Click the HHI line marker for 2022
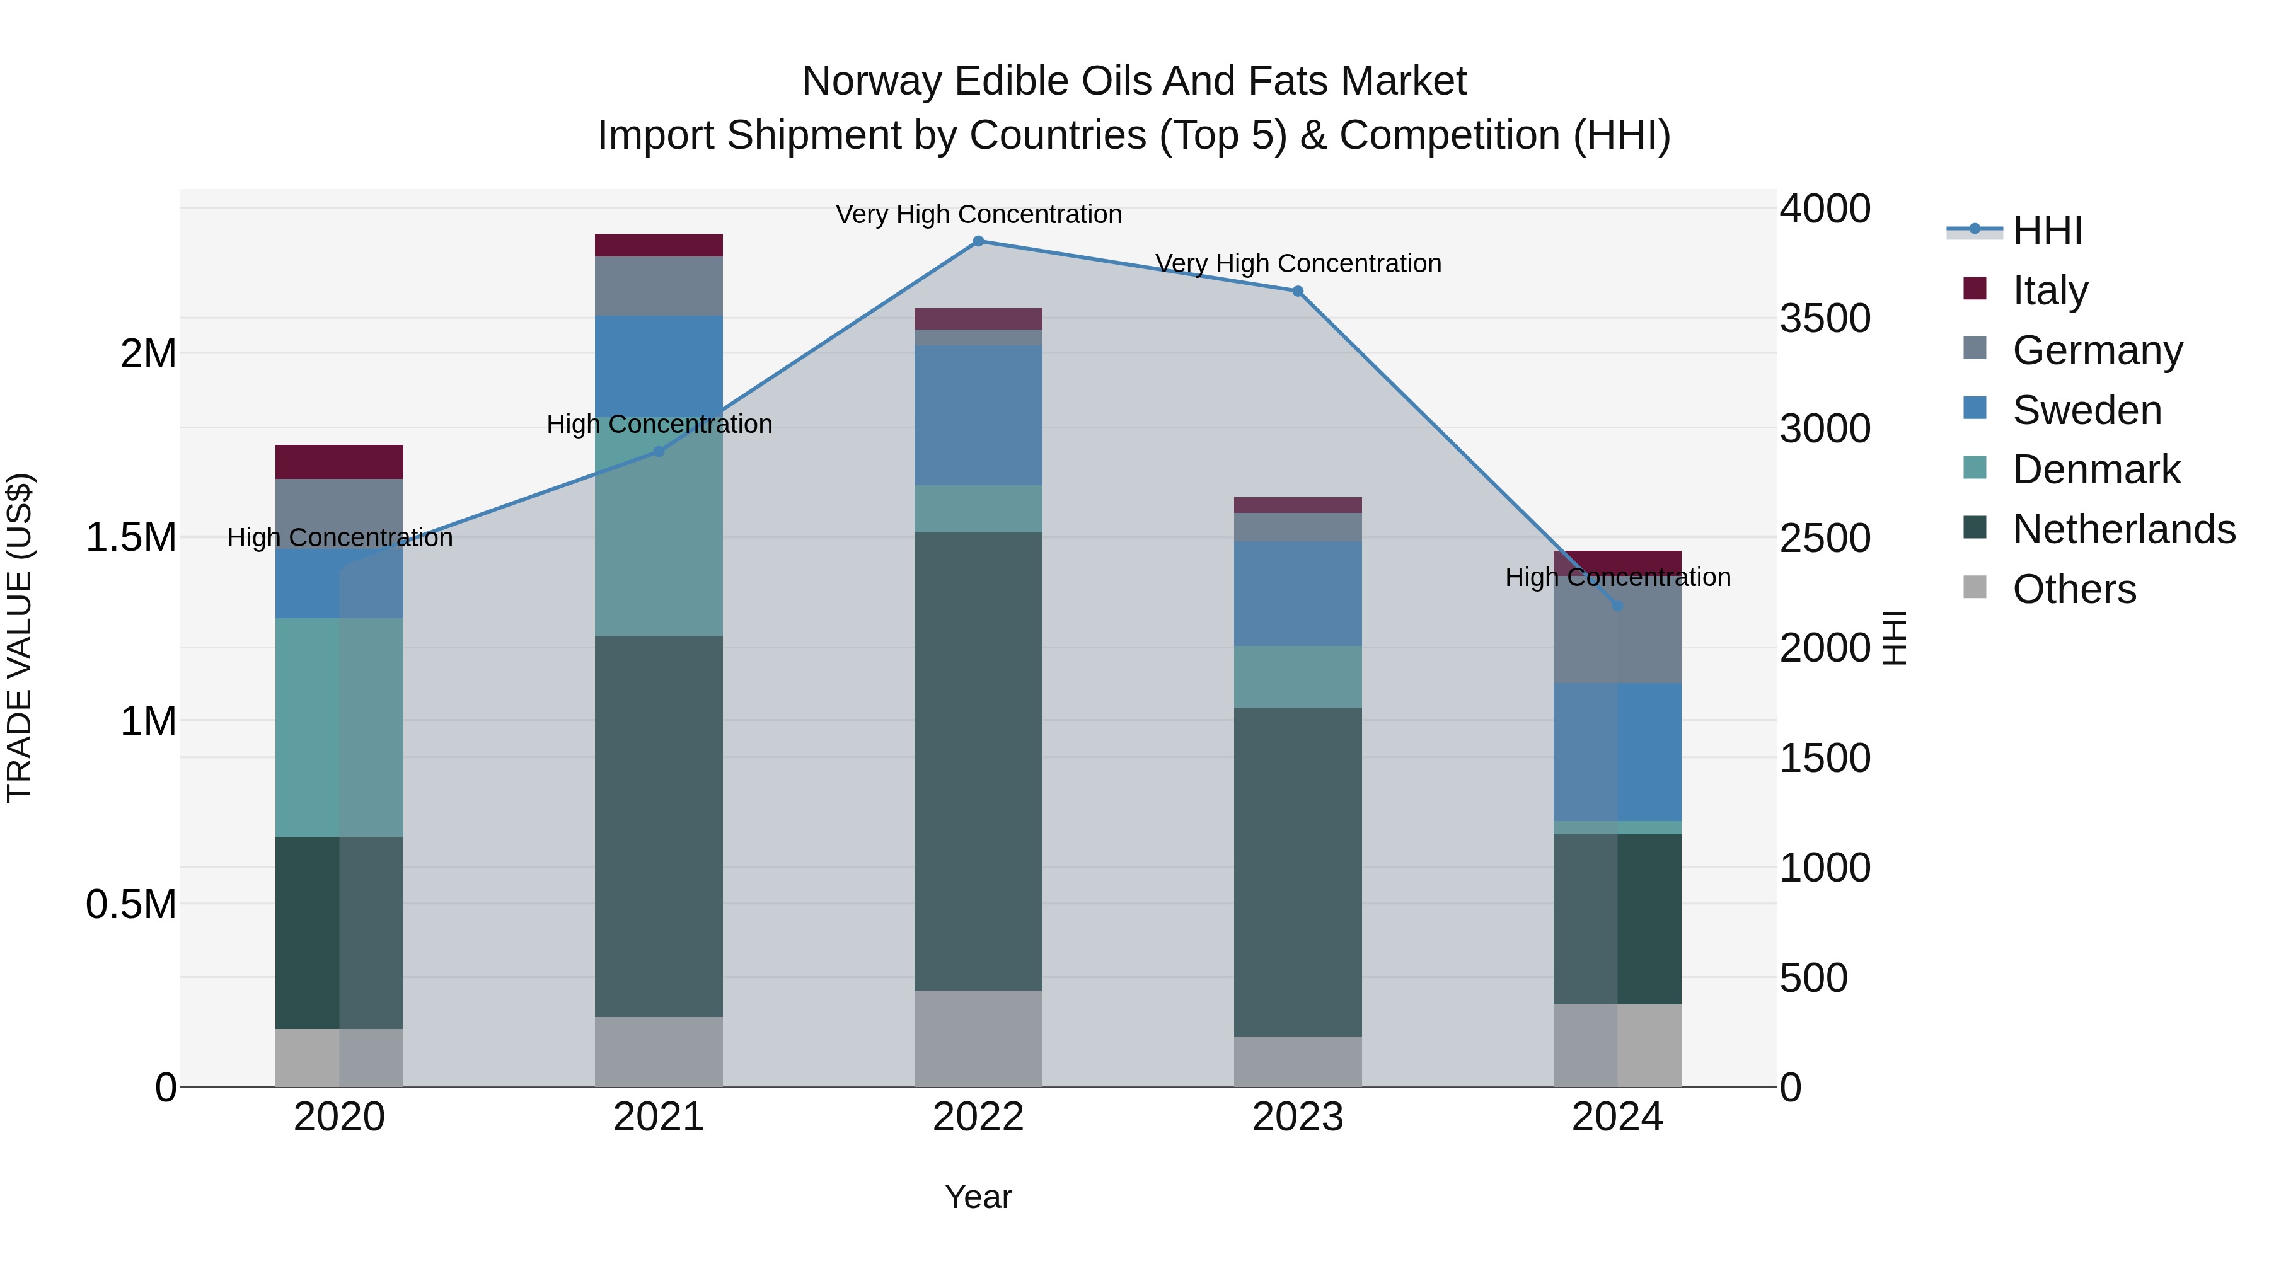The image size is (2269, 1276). (978, 241)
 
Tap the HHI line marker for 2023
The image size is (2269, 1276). (1298, 292)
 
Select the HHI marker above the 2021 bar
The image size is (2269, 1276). (659, 452)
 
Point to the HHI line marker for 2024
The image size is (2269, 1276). (1617, 606)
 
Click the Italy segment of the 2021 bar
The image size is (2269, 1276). (659, 245)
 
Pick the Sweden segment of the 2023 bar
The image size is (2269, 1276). (1298, 594)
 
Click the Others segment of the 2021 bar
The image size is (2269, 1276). (659, 1052)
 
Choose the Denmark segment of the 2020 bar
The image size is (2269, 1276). (339, 727)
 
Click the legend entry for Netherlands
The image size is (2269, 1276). (2123, 529)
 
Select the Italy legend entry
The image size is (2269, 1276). (2050, 290)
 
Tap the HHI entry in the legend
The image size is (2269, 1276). (2046, 231)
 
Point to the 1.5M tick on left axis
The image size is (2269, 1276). (131, 537)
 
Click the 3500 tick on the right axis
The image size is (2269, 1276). (1824, 319)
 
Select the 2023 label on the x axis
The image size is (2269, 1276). (1298, 1117)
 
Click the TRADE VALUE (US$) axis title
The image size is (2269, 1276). (20, 638)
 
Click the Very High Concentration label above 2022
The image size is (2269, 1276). (978, 215)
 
